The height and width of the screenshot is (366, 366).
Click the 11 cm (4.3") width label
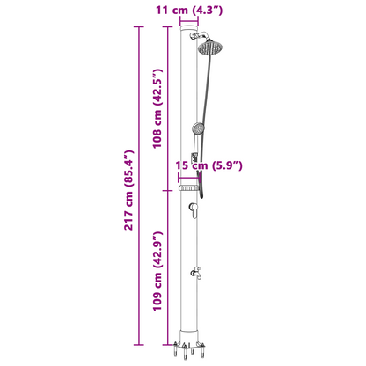coord(189,11)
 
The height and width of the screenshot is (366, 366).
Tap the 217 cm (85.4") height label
coord(128,190)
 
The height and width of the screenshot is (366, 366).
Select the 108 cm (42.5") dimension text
coord(157,108)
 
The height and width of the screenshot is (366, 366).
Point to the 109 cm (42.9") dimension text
coord(157,271)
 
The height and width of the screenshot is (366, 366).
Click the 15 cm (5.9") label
coord(209,165)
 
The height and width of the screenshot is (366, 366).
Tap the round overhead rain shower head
coord(210,47)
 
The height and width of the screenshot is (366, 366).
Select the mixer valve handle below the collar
coord(194,210)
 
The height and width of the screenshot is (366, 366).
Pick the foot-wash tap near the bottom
coord(196,273)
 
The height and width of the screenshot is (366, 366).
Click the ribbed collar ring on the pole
coord(189,187)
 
